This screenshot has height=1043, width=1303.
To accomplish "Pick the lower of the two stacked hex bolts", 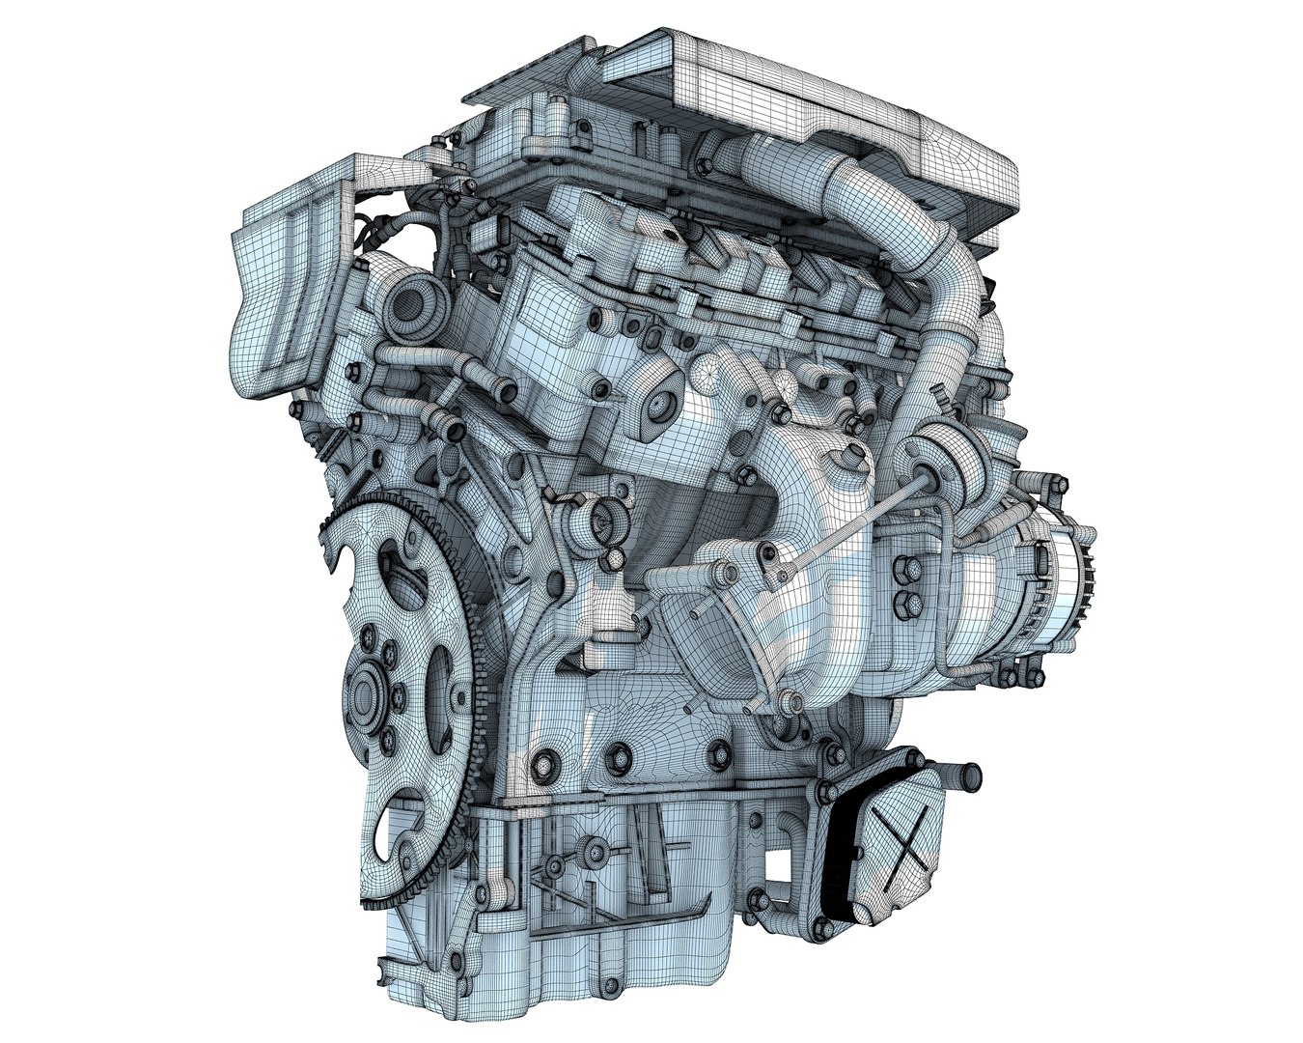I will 906,604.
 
